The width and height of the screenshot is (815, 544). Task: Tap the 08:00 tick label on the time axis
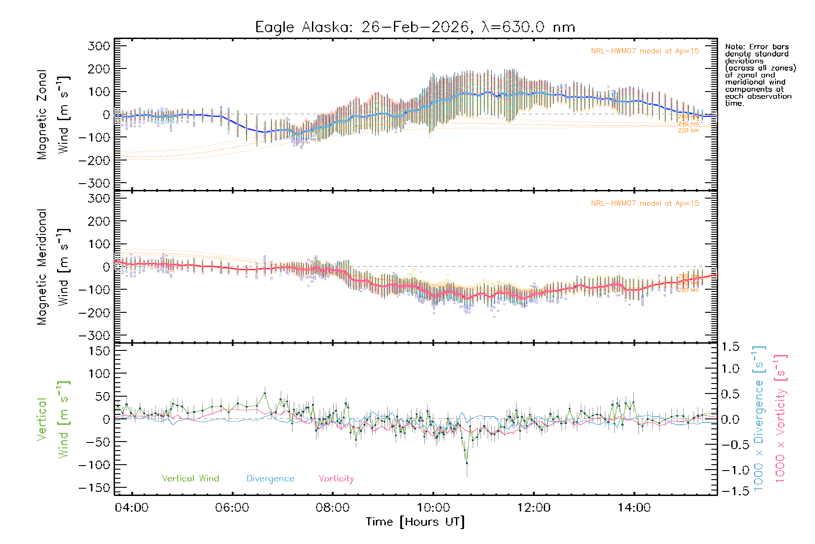point(332,508)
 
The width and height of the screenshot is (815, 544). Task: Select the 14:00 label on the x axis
point(634,508)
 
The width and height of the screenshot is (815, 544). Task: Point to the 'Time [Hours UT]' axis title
point(415,522)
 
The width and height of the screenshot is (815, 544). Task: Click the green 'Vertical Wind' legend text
point(190,478)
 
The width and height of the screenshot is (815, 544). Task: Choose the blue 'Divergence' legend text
point(270,478)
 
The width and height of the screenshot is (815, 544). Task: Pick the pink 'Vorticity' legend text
point(336,478)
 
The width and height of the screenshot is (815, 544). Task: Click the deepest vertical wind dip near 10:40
point(466,463)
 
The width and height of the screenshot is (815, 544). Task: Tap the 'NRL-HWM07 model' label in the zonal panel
point(645,51)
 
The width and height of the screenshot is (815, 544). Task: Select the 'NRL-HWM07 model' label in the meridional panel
point(645,203)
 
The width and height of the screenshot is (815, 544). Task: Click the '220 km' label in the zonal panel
point(688,131)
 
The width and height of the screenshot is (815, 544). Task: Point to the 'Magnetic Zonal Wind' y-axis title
point(53,114)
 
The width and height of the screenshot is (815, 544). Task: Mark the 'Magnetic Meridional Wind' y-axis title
point(53,267)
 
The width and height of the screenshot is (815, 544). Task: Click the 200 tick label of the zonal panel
point(99,69)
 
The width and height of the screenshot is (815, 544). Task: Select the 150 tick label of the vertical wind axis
point(99,351)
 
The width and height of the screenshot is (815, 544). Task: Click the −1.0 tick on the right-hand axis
point(730,470)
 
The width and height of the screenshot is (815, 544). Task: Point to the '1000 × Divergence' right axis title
point(758,418)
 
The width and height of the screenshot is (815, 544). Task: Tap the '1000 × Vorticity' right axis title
point(780,418)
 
